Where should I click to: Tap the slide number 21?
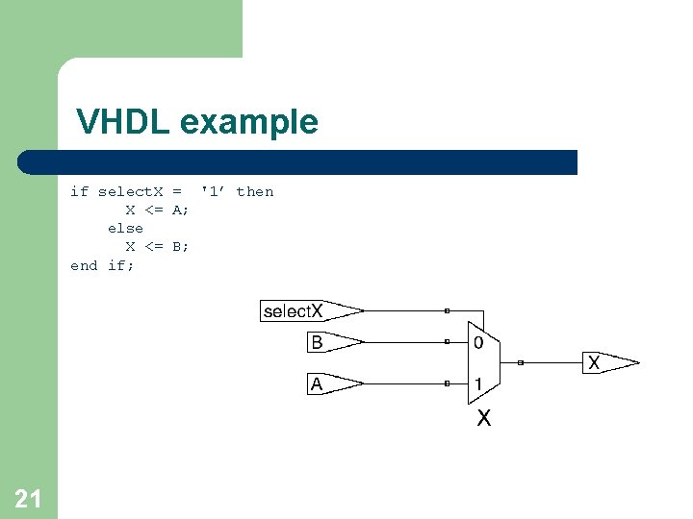pyautogui.click(x=28, y=498)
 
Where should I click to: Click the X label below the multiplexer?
pyautogui.click(x=484, y=419)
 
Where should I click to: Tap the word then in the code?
pyautogui.click(x=255, y=191)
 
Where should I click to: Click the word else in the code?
pyautogui.click(x=125, y=228)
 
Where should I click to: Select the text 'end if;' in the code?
pyautogui.click(x=102, y=264)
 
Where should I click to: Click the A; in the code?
pyautogui.click(x=181, y=210)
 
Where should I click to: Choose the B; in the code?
pyautogui.click(x=181, y=246)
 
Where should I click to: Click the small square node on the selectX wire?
pyautogui.click(x=447, y=310)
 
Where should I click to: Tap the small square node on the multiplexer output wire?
pyautogui.click(x=520, y=363)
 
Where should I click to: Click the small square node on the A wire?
pyautogui.click(x=447, y=384)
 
